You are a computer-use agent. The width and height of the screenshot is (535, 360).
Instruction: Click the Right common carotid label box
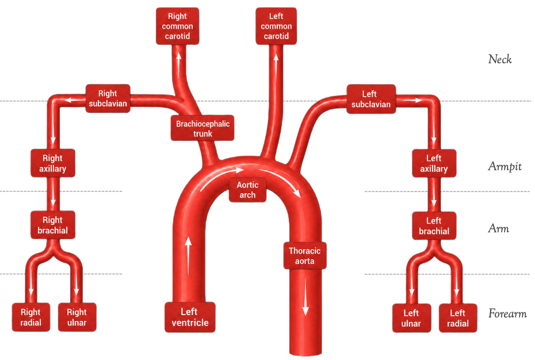[177, 26]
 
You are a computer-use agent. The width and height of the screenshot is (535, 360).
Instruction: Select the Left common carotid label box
[276, 26]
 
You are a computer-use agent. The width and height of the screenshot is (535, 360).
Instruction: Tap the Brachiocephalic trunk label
[202, 128]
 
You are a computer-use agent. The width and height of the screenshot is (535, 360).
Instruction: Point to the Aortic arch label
[247, 190]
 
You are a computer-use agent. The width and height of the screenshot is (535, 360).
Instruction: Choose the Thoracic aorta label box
[305, 255]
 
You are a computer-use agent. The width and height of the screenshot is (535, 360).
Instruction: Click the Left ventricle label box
[190, 317]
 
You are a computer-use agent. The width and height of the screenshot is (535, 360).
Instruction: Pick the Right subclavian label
[108, 98]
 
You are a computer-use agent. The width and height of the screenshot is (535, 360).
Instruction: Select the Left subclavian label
[371, 99]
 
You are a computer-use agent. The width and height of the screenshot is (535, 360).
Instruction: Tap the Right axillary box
[53, 163]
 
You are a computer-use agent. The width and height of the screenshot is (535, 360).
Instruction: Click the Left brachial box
[434, 225]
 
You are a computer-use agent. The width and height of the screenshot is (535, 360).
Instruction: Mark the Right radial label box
[30, 317]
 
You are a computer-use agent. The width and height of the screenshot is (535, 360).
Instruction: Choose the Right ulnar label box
[77, 317]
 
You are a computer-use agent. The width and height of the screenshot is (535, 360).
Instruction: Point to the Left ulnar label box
[411, 318]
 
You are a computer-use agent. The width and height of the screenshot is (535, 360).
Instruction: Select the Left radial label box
[457, 318]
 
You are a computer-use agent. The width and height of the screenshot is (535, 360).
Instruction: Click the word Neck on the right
[500, 59]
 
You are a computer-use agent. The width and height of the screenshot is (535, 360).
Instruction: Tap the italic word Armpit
[505, 167]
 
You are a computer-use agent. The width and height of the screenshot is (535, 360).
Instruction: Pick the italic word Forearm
[507, 313]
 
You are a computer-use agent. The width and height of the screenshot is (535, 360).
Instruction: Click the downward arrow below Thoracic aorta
[305, 297]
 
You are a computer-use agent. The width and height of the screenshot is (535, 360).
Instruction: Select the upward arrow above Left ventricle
[188, 256]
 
